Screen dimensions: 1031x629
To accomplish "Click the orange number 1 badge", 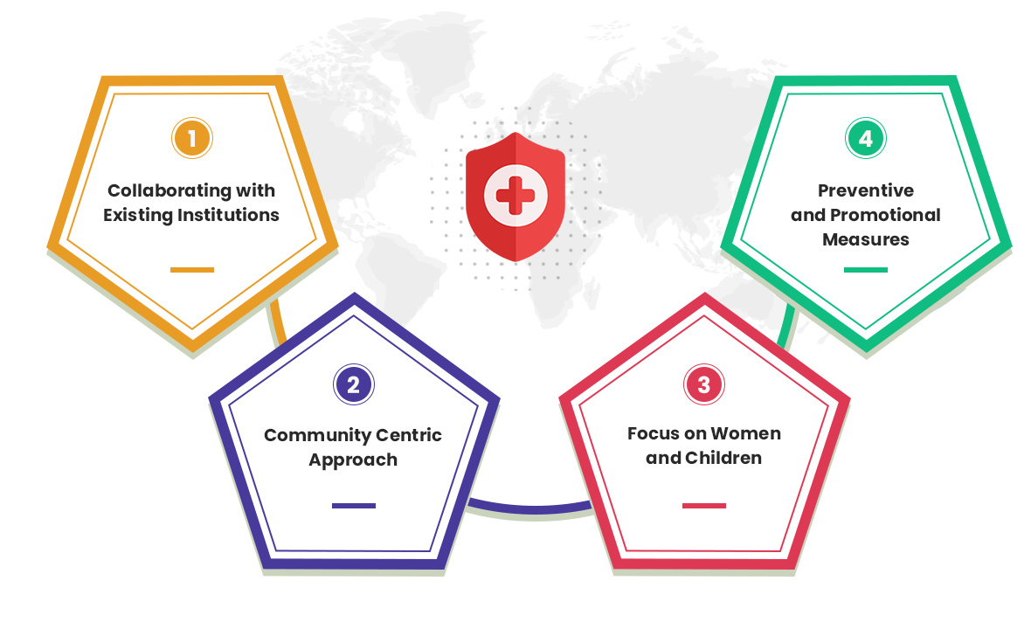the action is [192, 138].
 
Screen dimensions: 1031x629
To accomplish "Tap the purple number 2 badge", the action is [354, 384].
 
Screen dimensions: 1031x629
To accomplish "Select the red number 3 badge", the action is [704, 384].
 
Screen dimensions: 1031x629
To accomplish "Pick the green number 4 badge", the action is [866, 138].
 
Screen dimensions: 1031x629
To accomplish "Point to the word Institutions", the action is [228, 215].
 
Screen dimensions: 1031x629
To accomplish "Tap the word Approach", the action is [353, 460].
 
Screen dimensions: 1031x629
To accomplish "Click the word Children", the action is [723, 458].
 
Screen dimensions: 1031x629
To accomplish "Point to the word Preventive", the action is [866, 190].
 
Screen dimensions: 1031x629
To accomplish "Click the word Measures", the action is [866, 239].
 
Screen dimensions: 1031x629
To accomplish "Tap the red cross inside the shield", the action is [515, 195].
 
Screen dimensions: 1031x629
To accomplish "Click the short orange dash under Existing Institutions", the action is [192, 269].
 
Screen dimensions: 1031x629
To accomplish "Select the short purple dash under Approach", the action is [354, 506].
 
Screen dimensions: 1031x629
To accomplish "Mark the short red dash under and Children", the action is [704, 506].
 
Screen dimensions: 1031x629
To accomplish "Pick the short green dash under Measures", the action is [866, 269].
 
